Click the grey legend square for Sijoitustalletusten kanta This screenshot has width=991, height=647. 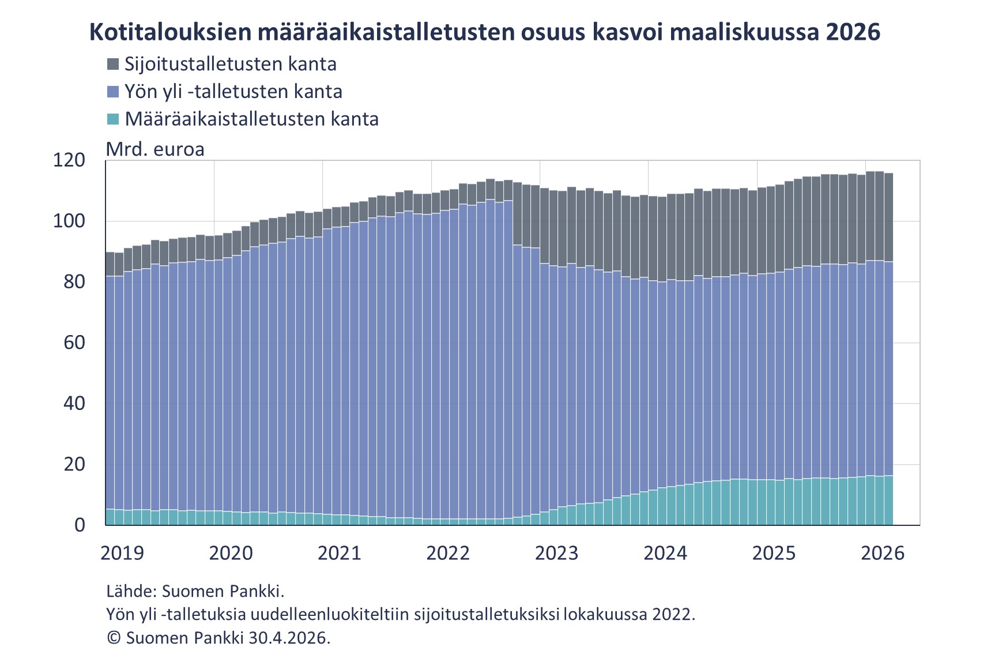coord(113,64)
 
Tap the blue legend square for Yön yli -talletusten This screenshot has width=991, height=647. coord(113,92)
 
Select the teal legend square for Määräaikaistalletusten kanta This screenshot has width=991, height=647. coord(113,119)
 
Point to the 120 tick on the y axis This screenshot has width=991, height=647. coord(69,160)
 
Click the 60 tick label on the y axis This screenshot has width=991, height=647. coord(74,343)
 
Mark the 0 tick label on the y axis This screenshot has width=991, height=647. coord(80,525)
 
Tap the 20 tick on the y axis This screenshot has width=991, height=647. coord(74,464)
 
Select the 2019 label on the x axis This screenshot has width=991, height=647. coord(122,553)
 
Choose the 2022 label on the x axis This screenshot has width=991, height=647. coord(448,553)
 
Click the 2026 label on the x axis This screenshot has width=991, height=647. coord(883,553)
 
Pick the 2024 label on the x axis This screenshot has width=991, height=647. coord(665,553)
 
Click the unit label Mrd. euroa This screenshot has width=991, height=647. coord(155,149)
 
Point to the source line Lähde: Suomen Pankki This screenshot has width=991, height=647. coord(195,591)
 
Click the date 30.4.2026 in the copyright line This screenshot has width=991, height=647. coord(288,638)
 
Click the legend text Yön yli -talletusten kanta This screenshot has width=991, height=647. coord(233,92)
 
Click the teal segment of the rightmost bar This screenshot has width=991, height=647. coord(888,501)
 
